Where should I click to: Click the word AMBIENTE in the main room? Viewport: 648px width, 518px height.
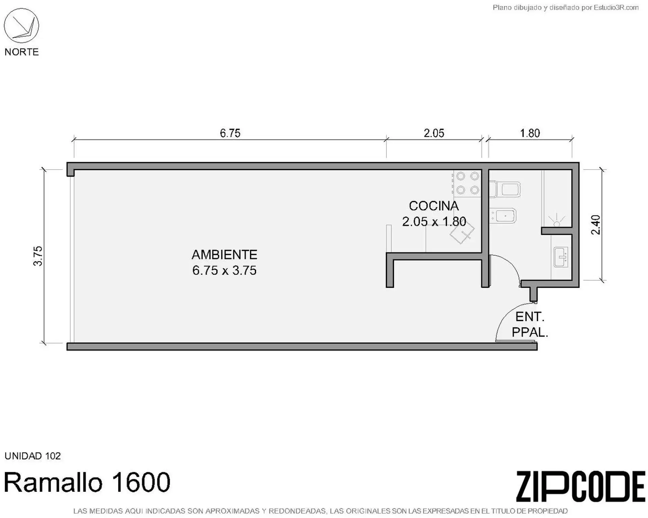224,255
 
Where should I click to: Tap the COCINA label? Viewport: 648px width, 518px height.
434,206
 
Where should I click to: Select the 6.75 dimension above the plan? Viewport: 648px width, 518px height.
230,133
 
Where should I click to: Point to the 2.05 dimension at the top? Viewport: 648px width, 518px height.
434,133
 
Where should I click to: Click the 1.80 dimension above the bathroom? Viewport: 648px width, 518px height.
530,133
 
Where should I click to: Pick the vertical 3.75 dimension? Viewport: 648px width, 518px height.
38,256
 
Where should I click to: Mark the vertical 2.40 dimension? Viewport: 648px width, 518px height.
596,225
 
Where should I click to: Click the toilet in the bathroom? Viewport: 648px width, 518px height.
505,190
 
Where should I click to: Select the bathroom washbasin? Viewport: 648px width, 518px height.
561,257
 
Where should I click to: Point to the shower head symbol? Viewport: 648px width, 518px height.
557,221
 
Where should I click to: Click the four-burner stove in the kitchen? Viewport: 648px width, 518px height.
467,183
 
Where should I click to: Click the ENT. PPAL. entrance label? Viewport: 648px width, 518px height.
530,324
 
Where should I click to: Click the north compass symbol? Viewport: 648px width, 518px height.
22,26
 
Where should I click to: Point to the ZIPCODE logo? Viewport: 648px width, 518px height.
580,487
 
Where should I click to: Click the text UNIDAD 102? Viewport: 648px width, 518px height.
33,456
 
